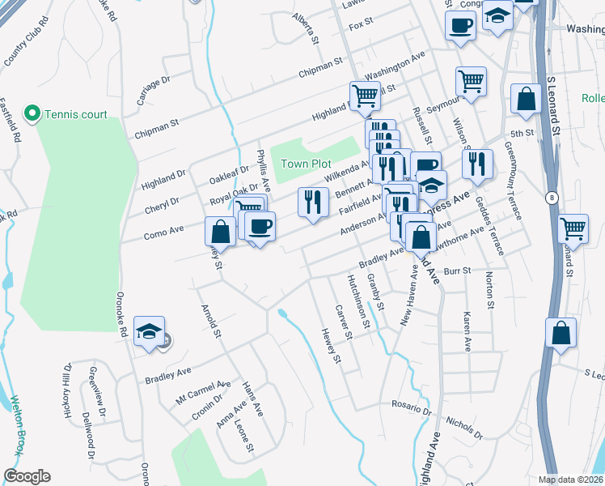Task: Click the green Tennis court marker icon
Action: click(33, 113)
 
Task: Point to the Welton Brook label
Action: click(16, 424)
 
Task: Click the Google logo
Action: click(27, 476)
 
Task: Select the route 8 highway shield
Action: click(550, 197)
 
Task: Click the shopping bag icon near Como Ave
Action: click(220, 232)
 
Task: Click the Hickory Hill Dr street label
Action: click(68, 385)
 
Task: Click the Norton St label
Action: click(490, 291)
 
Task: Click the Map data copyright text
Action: click(571, 479)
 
